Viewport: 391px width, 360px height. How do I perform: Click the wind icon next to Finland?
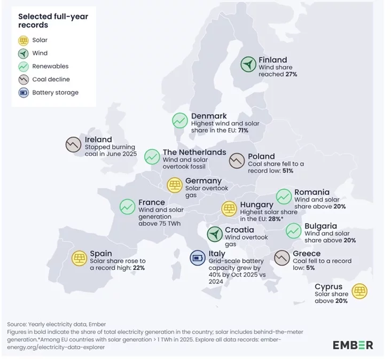248,65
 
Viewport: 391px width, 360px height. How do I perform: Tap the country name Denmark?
209,116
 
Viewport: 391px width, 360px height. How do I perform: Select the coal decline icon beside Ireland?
73,145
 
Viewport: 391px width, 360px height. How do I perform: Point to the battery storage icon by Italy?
199,258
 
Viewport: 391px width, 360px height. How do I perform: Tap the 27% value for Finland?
291,75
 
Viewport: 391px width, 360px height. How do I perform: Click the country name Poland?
261,156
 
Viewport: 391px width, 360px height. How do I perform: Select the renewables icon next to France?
128,207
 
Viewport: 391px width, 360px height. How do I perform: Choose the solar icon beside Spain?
80,259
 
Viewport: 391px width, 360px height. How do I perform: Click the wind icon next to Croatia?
215,234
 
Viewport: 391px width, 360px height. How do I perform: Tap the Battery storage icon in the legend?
24,93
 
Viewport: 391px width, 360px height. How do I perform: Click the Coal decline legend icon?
24,80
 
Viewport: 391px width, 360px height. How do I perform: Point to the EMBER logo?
353,345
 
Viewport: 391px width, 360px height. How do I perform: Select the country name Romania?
312,192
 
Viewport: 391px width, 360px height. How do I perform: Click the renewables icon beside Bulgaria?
293,231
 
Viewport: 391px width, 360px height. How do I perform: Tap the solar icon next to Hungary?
229,208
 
